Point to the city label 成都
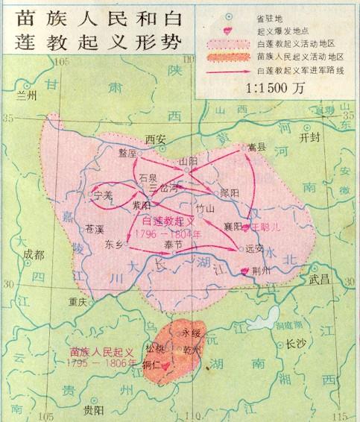34,255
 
